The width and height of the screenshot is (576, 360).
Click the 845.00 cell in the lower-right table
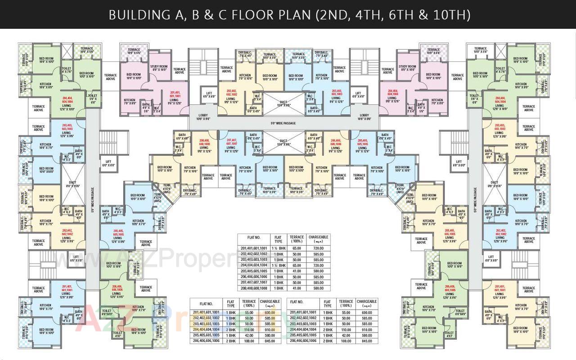pyautogui.click(x=367, y=341)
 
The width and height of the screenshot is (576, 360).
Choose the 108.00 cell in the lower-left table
pyautogui.click(x=249, y=341)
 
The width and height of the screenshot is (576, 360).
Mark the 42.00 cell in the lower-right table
pyautogui.click(x=346, y=335)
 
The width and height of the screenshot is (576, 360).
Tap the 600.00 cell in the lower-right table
pyautogui.click(x=367, y=312)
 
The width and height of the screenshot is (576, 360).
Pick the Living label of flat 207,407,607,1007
pyautogui.click(x=231, y=149)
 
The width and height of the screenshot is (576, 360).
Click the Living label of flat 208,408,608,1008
pyautogui.click(x=204, y=149)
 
